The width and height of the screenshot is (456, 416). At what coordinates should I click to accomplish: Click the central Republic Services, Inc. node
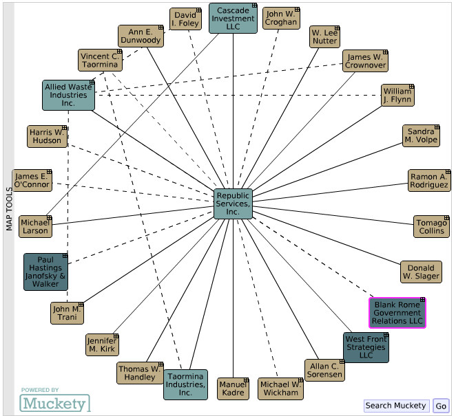point(233,204)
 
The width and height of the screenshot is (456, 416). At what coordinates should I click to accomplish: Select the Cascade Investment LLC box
point(233,19)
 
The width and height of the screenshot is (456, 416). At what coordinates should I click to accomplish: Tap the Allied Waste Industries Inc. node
point(68,95)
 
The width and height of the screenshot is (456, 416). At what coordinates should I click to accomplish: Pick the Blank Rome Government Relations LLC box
point(397,313)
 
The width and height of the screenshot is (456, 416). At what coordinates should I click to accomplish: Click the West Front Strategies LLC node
point(366,347)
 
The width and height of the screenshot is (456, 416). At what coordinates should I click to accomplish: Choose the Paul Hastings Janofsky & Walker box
point(46,272)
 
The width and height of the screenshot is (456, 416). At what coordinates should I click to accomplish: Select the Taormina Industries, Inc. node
point(185,384)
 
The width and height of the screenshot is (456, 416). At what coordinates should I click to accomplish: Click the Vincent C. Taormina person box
point(100,60)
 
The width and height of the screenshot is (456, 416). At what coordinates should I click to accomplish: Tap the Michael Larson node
point(35,226)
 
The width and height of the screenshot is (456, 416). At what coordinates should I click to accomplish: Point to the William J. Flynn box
point(397,96)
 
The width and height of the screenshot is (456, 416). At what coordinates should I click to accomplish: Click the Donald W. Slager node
point(421,272)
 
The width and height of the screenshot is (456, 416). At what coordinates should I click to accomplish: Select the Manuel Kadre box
point(233,388)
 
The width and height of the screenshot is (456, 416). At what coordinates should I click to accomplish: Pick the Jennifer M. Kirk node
point(102,344)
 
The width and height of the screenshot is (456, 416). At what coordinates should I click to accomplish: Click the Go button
point(441,406)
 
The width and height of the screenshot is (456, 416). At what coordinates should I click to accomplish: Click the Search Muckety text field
point(396,406)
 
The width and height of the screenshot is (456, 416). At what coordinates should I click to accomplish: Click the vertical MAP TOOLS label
point(9,200)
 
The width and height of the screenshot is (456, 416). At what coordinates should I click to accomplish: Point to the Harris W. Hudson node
point(48,136)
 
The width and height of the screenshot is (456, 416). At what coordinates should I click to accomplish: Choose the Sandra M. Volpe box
point(421,136)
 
